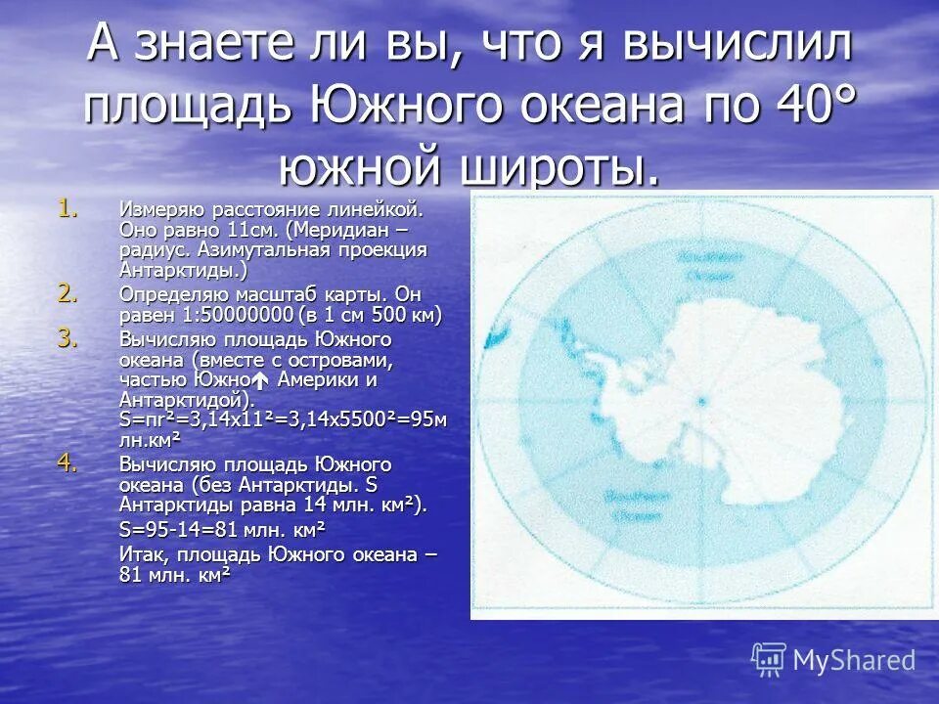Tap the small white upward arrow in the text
(260, 380)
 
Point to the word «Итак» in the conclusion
(139, 554)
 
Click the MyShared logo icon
(769, 659)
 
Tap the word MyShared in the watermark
(854, 660)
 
